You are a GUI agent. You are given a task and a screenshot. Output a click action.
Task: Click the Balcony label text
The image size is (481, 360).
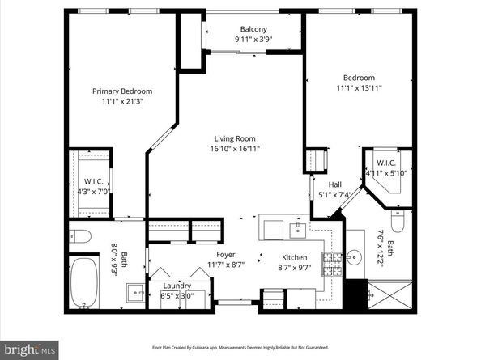[253, 29]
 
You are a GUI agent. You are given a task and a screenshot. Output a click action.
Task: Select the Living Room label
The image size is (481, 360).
[235, 138]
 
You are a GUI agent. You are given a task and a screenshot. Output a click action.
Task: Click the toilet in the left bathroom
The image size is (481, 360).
[81, 237]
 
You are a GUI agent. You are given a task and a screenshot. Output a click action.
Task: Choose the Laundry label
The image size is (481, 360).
[177, 286]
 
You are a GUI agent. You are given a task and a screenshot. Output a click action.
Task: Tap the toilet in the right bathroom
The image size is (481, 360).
[398, 220]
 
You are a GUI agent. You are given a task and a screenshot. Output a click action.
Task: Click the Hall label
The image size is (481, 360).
[334, 184]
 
